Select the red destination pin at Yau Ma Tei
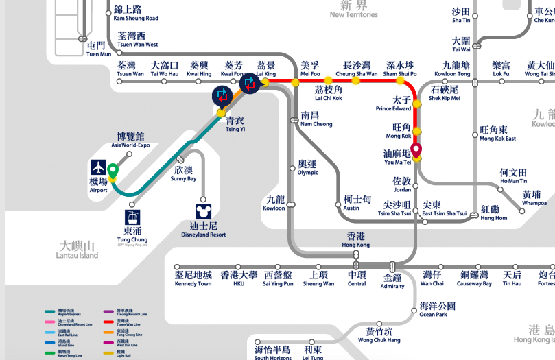click(x=416, y=150)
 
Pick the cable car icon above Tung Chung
click(x=133, y=217)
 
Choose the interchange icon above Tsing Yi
click(x=222, y=96)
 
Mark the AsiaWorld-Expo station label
click(x=130, y=141)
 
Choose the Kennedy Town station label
click(x=193, y=278)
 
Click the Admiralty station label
click(x=392, y=282)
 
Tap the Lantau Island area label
click(x=77, y=250)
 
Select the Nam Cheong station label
click(x=316, y=119)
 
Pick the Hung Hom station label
click(x=494, y=213)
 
